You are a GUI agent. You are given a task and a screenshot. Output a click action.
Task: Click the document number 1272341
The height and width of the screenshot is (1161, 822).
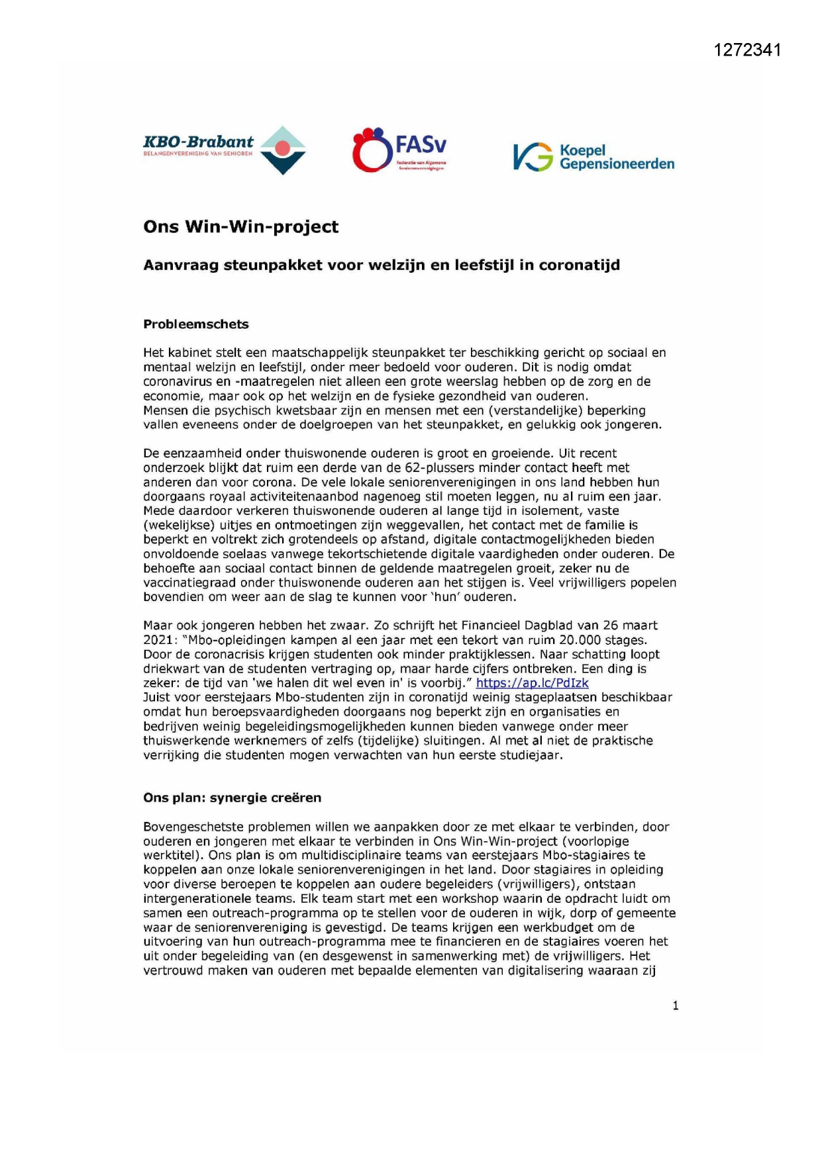pos(748,50)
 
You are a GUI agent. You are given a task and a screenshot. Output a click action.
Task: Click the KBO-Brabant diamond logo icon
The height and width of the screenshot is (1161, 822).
pos(283,150)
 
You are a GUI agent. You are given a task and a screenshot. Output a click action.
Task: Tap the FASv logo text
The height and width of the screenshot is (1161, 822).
pos(420,144)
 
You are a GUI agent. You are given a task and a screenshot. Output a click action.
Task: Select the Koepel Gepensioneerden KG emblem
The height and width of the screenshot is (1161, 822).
pos(533,158)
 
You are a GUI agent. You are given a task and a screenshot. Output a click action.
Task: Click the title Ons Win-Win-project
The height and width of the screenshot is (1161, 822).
pos(240,227)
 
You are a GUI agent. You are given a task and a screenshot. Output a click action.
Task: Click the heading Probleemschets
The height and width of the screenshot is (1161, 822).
pos(196,324)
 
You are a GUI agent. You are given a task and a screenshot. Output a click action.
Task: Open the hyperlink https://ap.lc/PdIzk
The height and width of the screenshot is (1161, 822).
pos(532,683)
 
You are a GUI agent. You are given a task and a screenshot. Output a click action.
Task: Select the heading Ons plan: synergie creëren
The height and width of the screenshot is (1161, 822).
pos(232,798)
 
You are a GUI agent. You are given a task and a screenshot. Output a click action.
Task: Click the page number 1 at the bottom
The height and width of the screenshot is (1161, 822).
pos(675,1005)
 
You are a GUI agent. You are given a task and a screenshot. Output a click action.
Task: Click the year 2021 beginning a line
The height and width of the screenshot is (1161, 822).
pos(157,640)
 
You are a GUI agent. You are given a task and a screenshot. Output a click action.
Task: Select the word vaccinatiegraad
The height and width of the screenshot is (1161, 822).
pos(190,582)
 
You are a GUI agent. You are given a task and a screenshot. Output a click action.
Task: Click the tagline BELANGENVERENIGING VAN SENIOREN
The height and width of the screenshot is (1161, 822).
pos(198,154)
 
